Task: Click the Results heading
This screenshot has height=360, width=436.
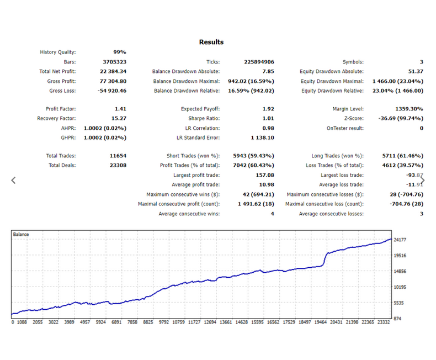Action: [211, 42]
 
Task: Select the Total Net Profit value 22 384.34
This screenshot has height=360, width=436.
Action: [113, 71]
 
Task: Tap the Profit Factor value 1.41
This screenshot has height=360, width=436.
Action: [120, 109]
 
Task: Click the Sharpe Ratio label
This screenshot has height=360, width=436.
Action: [204, 119]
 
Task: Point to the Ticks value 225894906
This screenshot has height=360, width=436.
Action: [259, 62]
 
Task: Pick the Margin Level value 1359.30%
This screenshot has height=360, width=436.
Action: [410, 109]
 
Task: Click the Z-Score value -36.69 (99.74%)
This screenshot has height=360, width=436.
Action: [401, 119]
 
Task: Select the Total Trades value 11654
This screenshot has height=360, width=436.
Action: [118, 156]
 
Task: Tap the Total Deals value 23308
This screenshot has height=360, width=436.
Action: [118, 165]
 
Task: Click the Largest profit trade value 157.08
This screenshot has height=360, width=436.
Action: [265, 175]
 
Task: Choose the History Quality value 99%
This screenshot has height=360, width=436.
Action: [120, 52]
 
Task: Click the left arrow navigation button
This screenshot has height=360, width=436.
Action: [13, 181]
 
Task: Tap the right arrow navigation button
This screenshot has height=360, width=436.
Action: [423, 181]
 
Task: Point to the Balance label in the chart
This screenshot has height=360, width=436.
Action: [21, 234]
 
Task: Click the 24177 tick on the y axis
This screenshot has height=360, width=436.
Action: [400, 240]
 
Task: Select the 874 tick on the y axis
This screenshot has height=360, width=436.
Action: [397, 319]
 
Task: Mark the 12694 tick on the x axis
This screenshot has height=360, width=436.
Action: [210, 322]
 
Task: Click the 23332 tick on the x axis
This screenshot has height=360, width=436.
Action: [384, 322]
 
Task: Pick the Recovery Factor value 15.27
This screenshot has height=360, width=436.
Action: [119, 119]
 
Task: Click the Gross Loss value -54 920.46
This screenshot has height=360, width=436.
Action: [112, 91]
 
